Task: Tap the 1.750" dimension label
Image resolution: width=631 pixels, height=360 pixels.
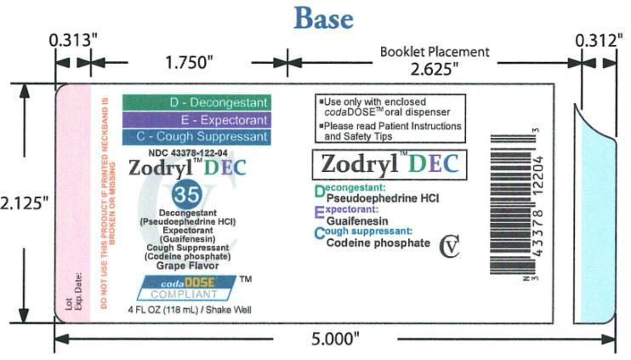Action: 188,62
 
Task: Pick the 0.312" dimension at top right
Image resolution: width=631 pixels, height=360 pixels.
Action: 596,39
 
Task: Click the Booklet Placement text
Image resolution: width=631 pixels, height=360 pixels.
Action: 435,51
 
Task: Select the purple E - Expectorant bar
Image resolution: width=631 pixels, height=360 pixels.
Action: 196,120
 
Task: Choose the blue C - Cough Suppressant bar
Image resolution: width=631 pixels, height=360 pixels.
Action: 196,136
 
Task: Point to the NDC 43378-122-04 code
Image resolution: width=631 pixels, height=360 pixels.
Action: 184,152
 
